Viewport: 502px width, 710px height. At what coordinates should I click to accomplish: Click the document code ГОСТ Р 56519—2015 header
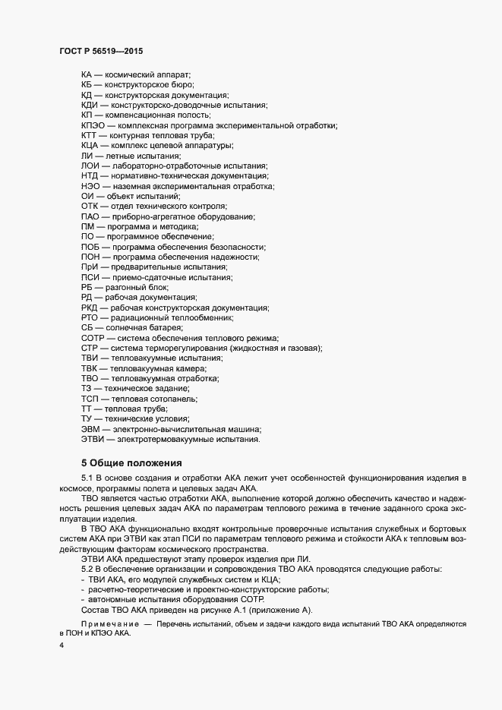[x=100, y=50]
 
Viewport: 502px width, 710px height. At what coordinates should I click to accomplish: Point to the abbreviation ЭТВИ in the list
[x=93, y=438]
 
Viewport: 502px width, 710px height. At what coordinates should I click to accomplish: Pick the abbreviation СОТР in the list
[x=93, y=337]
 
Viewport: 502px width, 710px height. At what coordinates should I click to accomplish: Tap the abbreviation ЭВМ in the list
[x=91, y=428]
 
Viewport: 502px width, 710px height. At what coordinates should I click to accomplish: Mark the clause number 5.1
[x=87, y=477]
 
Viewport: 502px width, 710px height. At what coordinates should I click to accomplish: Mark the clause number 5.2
[x=87, y=569]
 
